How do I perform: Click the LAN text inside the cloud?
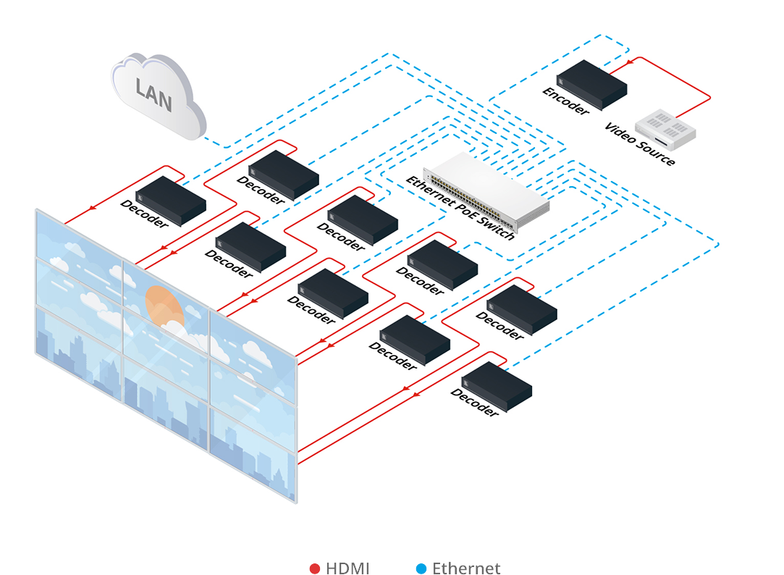pos(154,95)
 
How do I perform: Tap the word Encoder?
pos(566,101)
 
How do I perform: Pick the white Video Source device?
pos(665,129)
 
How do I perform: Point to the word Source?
pos(656,153)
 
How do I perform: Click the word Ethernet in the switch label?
pos(428,190)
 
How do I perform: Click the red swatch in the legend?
pos(316,568)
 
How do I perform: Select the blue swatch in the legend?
pos(410,568)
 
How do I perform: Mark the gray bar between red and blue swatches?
pos(358,568)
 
